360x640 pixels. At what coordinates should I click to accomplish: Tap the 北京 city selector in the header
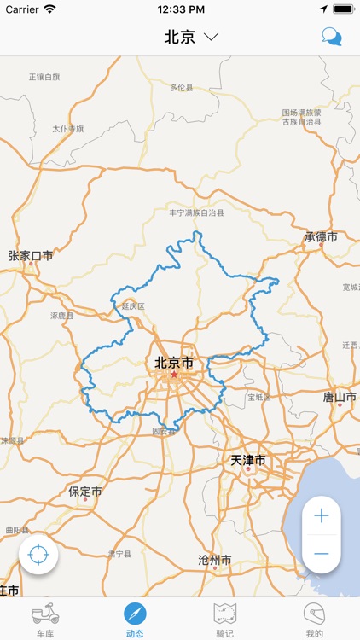point(191,37)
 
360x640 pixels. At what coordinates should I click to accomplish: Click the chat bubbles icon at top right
point(331,36)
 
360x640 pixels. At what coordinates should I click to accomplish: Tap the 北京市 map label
point(174,363)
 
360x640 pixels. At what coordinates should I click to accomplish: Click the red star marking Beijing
point(174,375)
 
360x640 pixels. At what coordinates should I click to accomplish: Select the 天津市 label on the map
point(248,461)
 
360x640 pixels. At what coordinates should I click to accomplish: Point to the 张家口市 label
point(31,255)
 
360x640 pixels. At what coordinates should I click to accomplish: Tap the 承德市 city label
point(321,237)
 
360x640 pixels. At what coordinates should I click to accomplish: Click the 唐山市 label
point(340,397)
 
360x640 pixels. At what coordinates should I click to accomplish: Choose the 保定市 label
point(85,492)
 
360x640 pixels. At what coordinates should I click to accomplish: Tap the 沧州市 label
point(214,561)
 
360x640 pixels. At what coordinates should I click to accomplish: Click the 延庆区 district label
point(133,305)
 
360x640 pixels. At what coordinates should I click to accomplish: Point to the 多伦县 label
point(182,87)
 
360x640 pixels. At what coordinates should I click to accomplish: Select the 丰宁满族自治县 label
point(196,212)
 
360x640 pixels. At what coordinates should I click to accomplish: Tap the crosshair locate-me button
point(38,556)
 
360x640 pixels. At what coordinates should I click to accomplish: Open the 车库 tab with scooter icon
point(45,619)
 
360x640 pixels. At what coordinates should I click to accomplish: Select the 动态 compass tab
point(135,619)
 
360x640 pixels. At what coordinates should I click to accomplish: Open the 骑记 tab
point(225,619)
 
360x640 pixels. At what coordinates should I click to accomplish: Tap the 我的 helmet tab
point(315,619)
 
